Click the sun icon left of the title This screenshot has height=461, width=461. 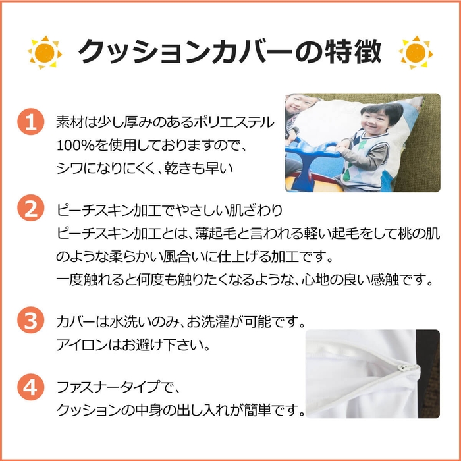coord(45,53)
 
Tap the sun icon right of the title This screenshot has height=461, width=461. coord(416,53)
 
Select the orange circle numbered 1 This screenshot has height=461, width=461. coord(31,122)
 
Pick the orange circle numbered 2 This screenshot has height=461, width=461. coord(31,208)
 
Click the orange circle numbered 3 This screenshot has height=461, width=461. coord(31,320)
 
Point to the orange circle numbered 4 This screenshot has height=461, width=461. coord(31,387)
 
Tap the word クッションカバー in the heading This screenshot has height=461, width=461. coord(186,52)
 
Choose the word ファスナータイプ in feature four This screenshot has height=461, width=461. coord(108,387)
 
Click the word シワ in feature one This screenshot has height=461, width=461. coord(69,168)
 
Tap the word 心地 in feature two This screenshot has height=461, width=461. coord(315,280)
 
